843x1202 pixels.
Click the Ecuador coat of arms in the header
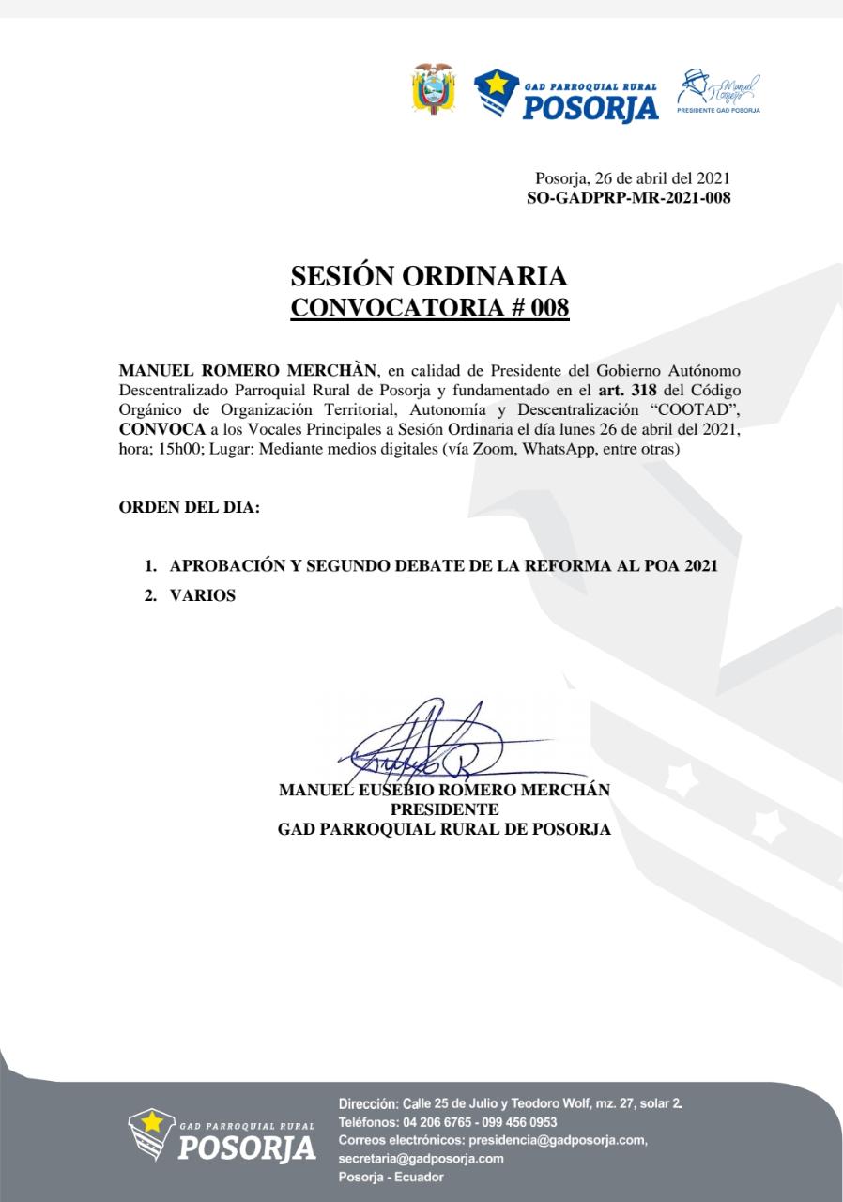click(x=433, y=89)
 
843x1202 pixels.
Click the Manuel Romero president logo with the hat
click(x=718, y=91)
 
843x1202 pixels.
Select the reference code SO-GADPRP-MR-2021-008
click(x=629, y=197)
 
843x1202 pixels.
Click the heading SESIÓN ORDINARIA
click(x=429, y=276)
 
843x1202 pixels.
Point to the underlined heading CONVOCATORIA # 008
click(x=429, y=308)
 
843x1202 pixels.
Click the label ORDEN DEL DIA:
click(x=189, y=508)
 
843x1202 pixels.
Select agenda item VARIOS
click(x=203, y=595)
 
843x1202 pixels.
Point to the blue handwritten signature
click(x=432, y=742)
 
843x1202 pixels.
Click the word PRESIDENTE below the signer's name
click(x=444, y=809)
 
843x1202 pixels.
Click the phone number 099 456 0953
click(x=519, y=1122)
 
